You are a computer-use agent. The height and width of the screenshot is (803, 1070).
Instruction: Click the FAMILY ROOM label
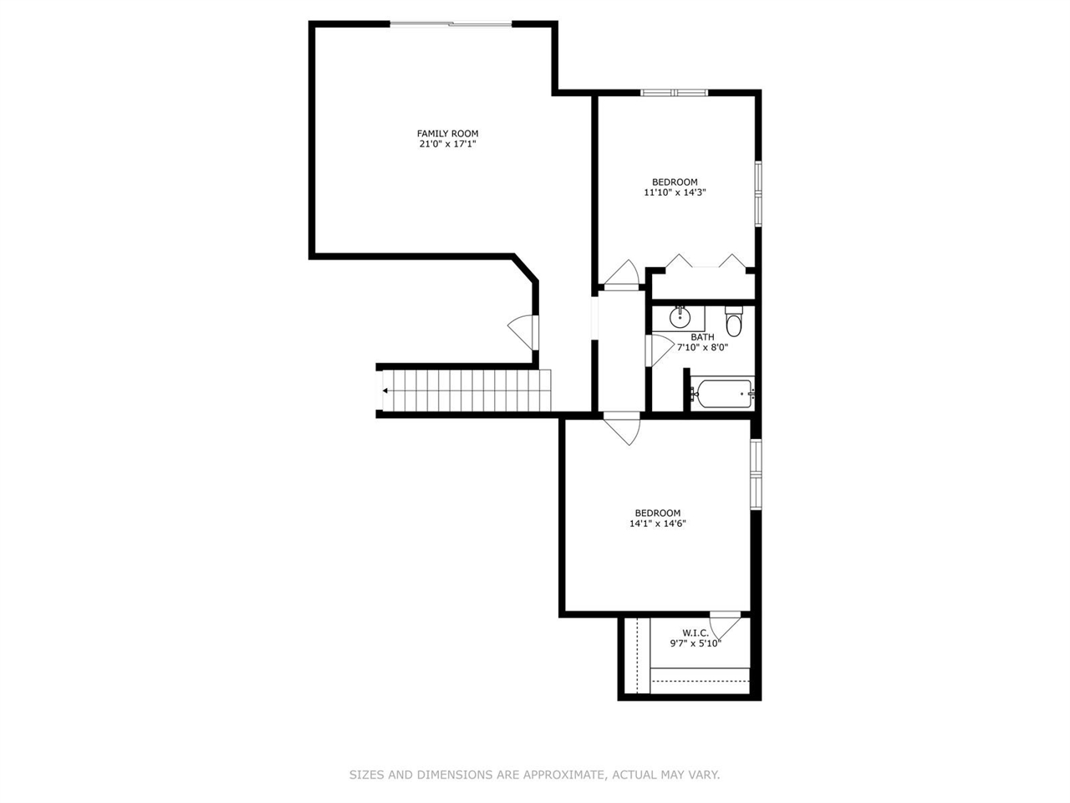click(447, 134)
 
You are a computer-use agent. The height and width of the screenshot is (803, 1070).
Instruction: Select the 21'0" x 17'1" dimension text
click(447, 144)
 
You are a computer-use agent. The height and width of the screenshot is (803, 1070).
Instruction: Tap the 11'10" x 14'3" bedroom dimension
click(675, 192)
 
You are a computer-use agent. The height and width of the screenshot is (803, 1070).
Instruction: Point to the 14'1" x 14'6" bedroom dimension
click(658, 524)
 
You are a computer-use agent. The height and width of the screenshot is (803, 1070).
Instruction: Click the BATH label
click(702, 337)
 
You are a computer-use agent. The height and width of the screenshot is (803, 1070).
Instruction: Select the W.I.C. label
click(695, 633)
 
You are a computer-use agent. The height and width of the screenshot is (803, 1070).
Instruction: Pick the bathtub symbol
click(722, 393)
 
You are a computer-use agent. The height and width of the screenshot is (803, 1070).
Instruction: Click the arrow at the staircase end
click(385, 391)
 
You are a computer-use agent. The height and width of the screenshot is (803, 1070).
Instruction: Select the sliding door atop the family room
click(451, 24)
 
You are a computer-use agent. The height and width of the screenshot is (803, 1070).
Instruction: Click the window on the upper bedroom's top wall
click(675, 92)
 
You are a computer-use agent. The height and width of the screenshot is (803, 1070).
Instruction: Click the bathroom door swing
click(659, 350)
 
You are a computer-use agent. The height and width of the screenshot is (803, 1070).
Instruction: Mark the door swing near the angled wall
click(522, 332)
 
